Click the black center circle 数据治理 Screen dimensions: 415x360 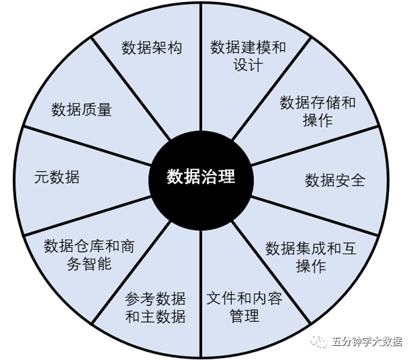point(201,177)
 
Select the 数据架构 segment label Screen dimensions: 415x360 point(152,48)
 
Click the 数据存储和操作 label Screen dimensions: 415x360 point(318,111)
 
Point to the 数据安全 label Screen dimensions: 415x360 point(335,180)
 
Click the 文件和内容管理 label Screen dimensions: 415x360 point(244,307)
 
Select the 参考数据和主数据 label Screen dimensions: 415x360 point(156,307)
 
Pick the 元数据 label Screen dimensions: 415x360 point(57,177)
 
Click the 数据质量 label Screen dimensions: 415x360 point(81,110)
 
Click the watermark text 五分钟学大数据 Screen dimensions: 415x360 point(367,342)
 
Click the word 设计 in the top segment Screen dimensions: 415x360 point(248,65)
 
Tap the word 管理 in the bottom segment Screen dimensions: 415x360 point(244,316)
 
